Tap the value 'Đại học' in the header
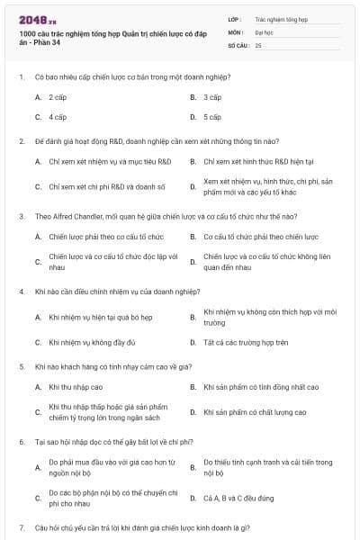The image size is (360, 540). [264, 31]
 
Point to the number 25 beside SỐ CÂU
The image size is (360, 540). [258, 44]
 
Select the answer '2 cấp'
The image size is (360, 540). [58, 96]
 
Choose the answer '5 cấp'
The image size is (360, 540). [212, 117]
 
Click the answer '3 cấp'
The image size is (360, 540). [212, 96]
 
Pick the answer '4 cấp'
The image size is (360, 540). [58, 117]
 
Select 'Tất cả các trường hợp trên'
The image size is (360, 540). [246, 342]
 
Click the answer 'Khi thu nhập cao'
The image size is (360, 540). [76, 387]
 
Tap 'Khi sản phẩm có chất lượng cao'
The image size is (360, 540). [255, 412]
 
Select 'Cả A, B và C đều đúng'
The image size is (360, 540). [239, 497]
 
